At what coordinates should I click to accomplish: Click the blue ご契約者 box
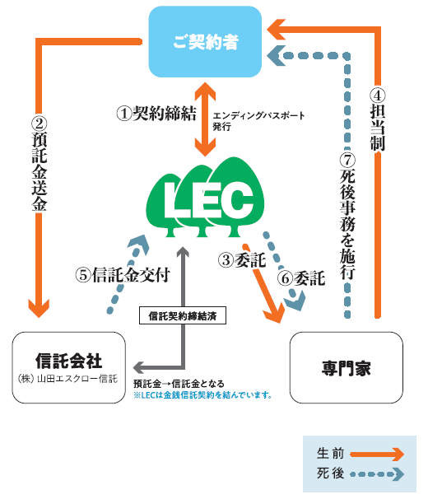[x=205, y=42]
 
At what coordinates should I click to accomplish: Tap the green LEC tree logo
[x=205, y=198]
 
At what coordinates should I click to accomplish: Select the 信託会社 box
[x=69, y=367]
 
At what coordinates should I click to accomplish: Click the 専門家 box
[x=347, y=367]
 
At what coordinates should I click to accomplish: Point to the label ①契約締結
[x=156, y=114]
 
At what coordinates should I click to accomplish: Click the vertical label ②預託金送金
[x=40, y=164]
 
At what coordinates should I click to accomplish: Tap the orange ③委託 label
[x=242, y=260]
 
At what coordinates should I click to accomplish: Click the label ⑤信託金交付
[x=123, y=275]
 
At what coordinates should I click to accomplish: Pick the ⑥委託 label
[x=301, y=278]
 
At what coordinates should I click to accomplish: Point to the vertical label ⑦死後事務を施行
[x=347, y=217]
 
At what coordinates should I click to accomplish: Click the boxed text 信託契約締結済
[x=183, y=315]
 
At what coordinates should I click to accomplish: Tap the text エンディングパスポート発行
[x=258, y=121]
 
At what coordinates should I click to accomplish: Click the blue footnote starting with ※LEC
[x=202, y=395]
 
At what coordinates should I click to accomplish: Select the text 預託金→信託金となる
[x=179, y=384]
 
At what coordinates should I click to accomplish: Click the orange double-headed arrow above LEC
[x=205, y=119]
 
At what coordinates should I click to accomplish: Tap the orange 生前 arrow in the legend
[x=377, y=455]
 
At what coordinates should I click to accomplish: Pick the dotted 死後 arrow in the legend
[x=377, y=474]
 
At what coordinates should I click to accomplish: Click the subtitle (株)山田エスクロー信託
[x=68, y=379]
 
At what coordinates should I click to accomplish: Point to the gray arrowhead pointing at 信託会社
[x=138, y=367]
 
